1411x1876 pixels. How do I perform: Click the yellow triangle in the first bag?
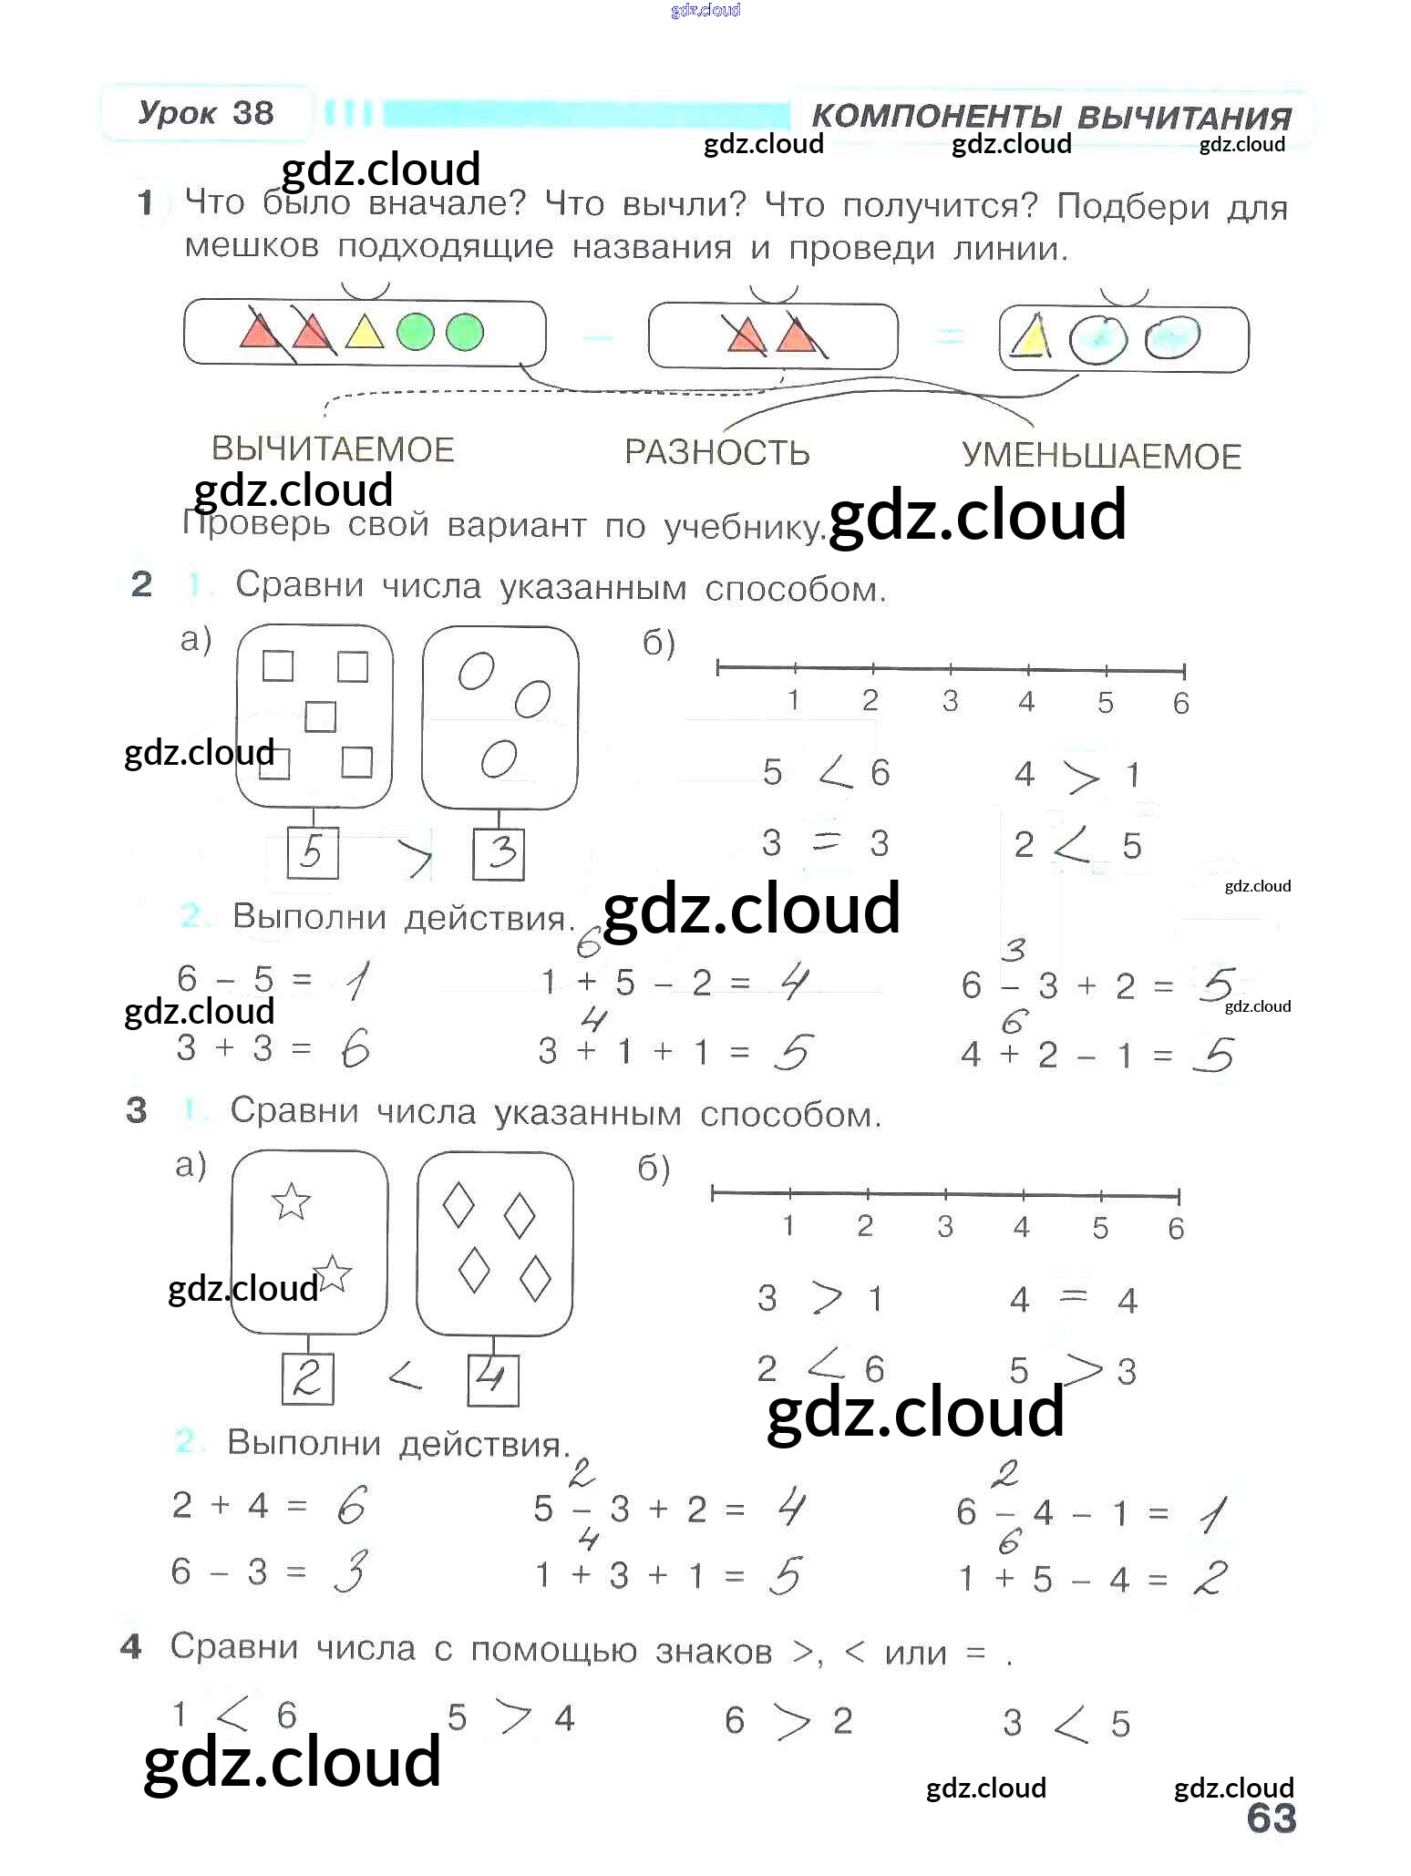click(365, 333)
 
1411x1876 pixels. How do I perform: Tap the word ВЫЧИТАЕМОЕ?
click(333, 449)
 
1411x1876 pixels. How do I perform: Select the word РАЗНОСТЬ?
click(716, 452)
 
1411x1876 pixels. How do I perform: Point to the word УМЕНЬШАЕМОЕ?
click(1101, 456)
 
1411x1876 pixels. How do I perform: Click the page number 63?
click(1271, 1818)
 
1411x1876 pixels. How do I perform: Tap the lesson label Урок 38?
click(206, 113)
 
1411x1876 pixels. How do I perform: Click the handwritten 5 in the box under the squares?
click(312, 853)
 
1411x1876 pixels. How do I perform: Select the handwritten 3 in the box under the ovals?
click(500, 854)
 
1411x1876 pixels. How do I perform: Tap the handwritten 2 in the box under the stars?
click(306, 1377)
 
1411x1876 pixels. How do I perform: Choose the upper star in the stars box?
click(292, 1201)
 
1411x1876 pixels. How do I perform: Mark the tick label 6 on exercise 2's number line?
click(1180, 703)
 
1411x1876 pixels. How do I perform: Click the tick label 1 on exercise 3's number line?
click(788, 1225)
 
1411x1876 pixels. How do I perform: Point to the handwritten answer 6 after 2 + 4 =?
click(351, 1505)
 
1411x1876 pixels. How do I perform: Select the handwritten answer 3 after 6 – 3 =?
click(350, 1572)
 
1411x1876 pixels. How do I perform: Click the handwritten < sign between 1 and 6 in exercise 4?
click(232, 1716)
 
